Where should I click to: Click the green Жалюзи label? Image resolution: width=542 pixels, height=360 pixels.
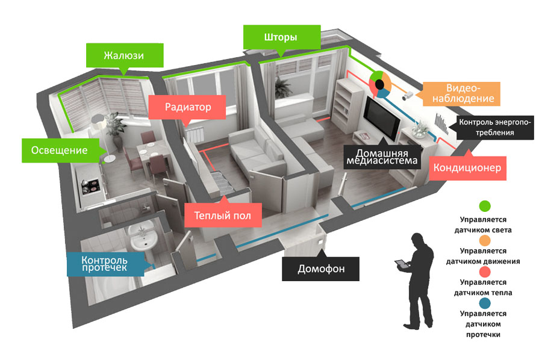(123, 55)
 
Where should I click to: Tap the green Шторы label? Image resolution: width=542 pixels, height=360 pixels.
(280, 37)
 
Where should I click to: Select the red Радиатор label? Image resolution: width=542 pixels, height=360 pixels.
(187, 108)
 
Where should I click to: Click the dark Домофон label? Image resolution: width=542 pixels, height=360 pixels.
(321, 268)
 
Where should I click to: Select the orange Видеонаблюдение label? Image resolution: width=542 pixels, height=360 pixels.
(461, 92)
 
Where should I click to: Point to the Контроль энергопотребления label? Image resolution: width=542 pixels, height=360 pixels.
(495, 127)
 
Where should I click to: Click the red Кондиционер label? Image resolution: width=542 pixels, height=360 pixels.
(468, 167)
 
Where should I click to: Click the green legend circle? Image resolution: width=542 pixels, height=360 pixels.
(485, 206)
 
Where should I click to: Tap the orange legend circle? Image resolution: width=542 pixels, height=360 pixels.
(485, 239)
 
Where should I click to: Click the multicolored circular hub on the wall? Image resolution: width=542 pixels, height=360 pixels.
(380, 84)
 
